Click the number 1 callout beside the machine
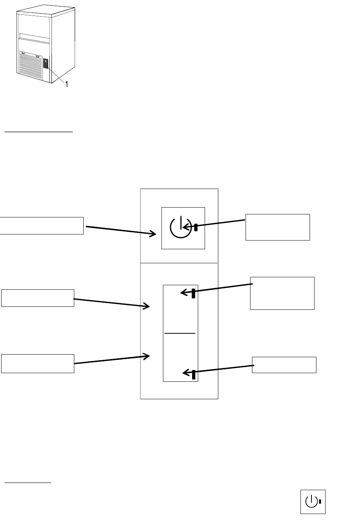[x=67, y=85]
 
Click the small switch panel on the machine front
[x=45, y=63]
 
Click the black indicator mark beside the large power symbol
[x=196, y=228]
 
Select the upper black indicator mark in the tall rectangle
[x=193, y=293]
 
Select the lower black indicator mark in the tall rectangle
[x=194, y=375]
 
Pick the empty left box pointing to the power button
[x=42, y=226]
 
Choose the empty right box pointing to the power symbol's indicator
[x=278, y=227]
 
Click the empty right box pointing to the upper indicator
[x=282, y=293]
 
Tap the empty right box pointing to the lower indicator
[x=284, y=365]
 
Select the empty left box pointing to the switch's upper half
[x=38, y=298]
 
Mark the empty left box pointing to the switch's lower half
[x=38, y=364]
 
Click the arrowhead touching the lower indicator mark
[x=185, y=373]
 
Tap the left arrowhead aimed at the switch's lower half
[x=147, y=356]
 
